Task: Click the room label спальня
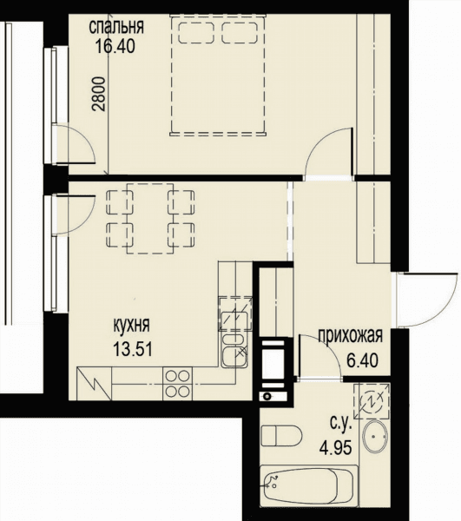116,27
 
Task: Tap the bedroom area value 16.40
115,46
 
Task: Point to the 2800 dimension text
99,94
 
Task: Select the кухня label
131,325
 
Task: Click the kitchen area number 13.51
133,349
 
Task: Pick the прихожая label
351,336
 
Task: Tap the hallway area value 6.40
362,360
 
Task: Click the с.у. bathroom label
341,424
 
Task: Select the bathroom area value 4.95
335,448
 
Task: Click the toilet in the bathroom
281,436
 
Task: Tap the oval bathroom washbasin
375,436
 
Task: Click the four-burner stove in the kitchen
177,384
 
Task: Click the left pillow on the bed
196,33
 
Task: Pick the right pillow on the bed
240,33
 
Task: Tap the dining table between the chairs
150,218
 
